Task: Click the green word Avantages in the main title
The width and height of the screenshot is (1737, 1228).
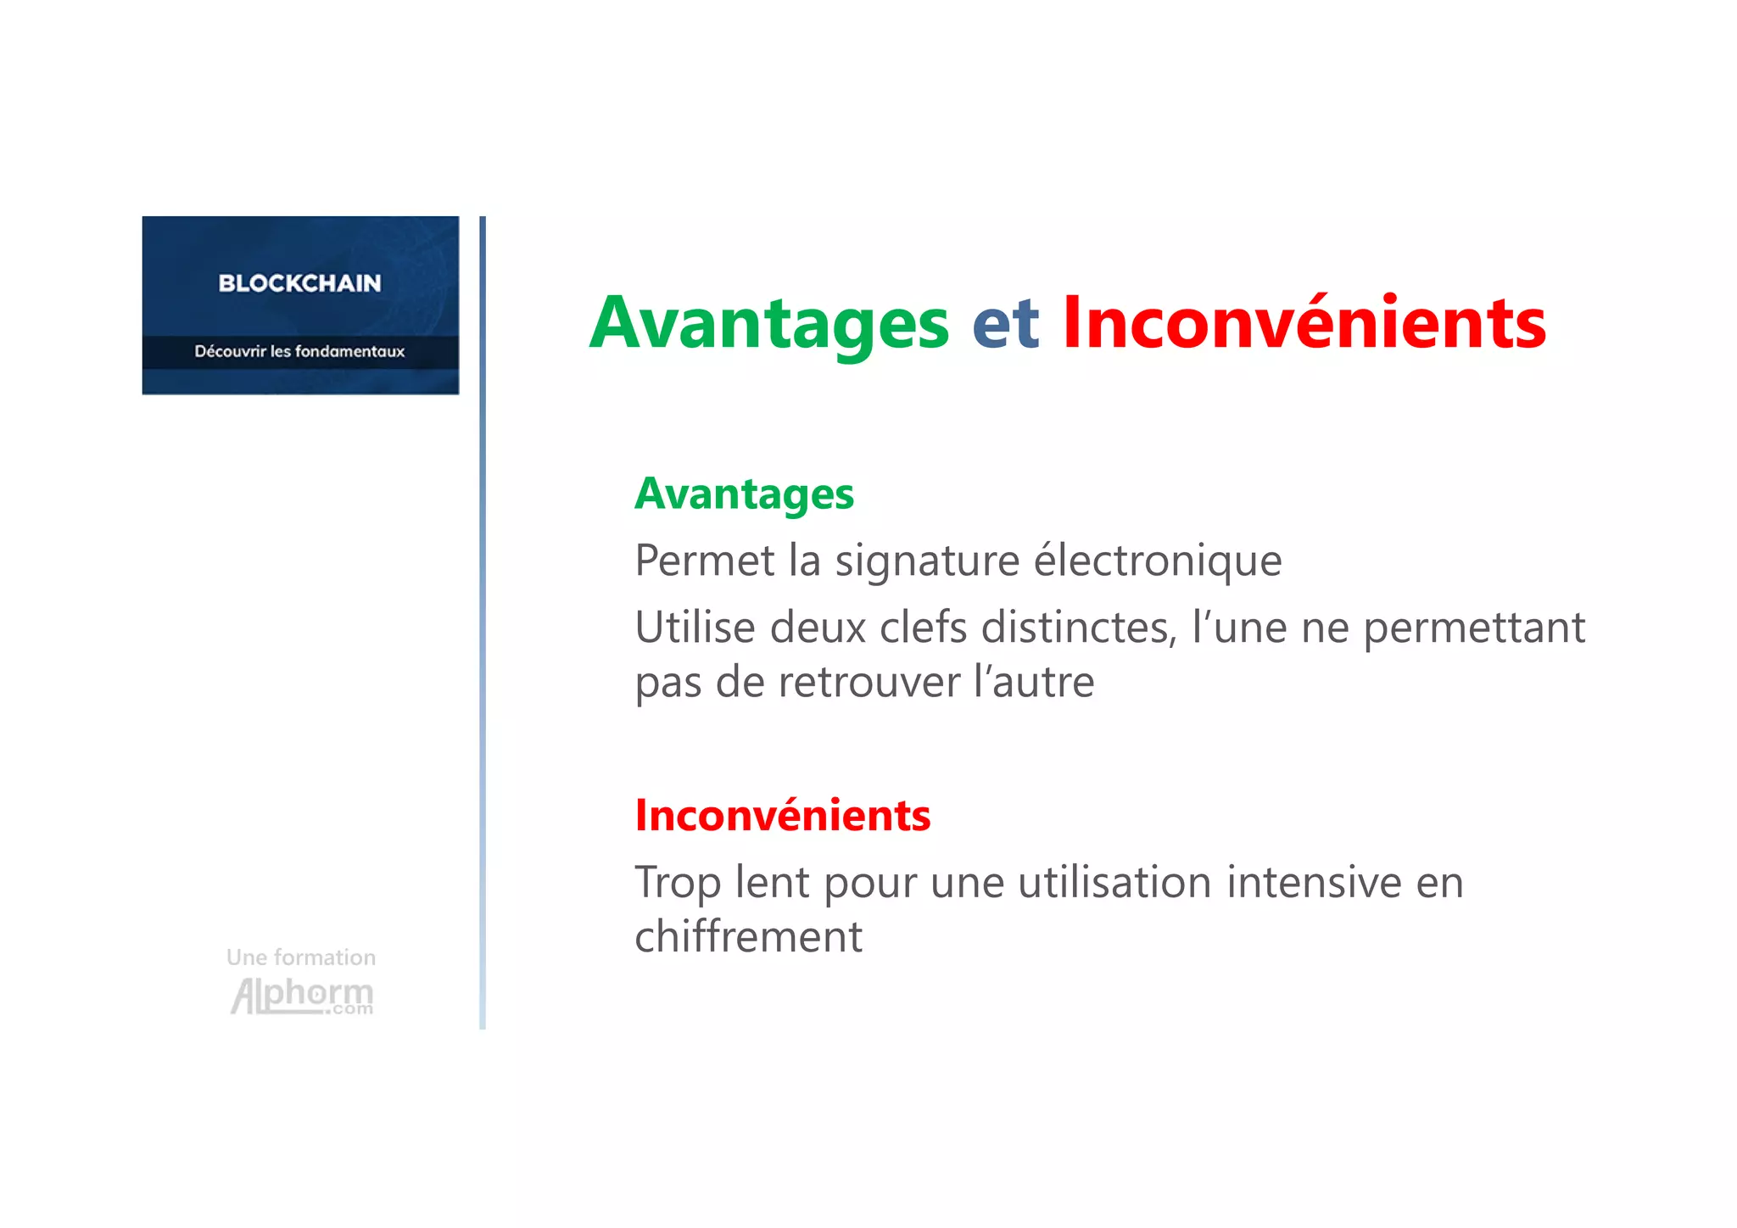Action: click(x=768, y=323)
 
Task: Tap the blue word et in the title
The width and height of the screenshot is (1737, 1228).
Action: click(x=1005, y=323)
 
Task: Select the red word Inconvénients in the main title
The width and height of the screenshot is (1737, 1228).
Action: click(x=1304, y=323)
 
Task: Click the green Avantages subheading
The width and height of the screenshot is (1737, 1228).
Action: click(x=744, y=494)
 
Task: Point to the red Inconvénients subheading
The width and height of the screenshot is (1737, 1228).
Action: click(x=782, y=815)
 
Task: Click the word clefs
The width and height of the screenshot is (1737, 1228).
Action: click(x=924, y=628)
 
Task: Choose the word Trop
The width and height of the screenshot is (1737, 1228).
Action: click(x=678, y=884)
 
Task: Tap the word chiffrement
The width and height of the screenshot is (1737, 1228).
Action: click(x=748, y=937)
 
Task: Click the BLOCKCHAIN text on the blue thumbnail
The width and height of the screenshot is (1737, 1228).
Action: click(x=299, y=283)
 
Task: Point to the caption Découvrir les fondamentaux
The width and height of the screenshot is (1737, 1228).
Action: click(x=299, y=351)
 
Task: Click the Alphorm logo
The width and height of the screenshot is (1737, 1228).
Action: click(x=302, y=996)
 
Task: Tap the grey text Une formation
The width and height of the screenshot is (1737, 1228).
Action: click(x=301, y=957)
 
